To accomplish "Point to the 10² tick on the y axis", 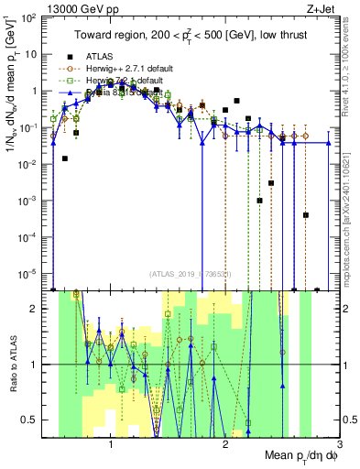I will pos(29,17).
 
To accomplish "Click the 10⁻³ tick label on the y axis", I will pos(29,201).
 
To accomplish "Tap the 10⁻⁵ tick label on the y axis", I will pos(29,273).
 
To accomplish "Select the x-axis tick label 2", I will pos(225,442).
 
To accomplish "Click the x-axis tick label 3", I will pos(338,442).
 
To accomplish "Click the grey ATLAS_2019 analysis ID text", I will pos(191,274).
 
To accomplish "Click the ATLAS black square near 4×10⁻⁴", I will pos(305,215).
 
